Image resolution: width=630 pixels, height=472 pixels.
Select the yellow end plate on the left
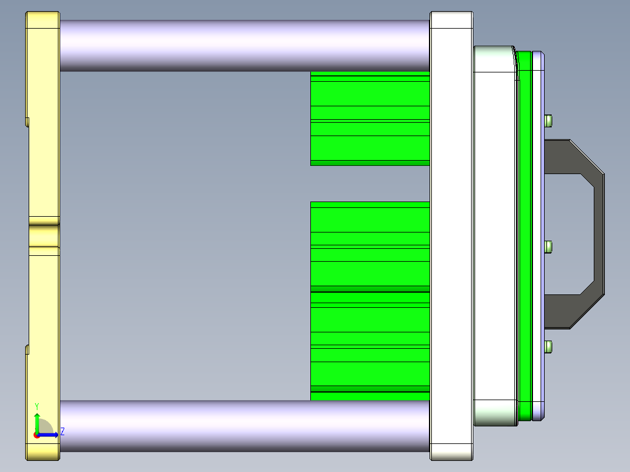(x=42, y=146)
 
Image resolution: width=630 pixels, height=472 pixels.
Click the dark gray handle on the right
(x=599, y=234)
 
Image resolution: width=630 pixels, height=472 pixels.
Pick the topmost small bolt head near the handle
(x=548, y=121)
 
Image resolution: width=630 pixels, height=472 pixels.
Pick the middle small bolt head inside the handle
(x=548, y=247)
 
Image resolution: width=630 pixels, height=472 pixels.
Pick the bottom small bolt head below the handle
(x=548, y=347)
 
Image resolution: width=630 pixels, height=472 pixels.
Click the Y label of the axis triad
(x=37, y=406)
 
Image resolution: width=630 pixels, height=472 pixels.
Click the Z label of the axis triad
(x=62, y=432)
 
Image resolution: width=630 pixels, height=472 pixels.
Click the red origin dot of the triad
(x=36, y=435)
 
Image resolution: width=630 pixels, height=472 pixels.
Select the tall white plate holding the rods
(x=451, y=234)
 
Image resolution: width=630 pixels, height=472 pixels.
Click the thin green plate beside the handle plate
(x=524, y=234)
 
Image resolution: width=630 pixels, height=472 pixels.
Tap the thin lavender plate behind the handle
(x=538, y=234)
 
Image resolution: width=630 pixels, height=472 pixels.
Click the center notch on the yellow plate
(x=44, y=234)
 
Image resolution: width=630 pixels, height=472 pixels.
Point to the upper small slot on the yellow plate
(x=27, y=122)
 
